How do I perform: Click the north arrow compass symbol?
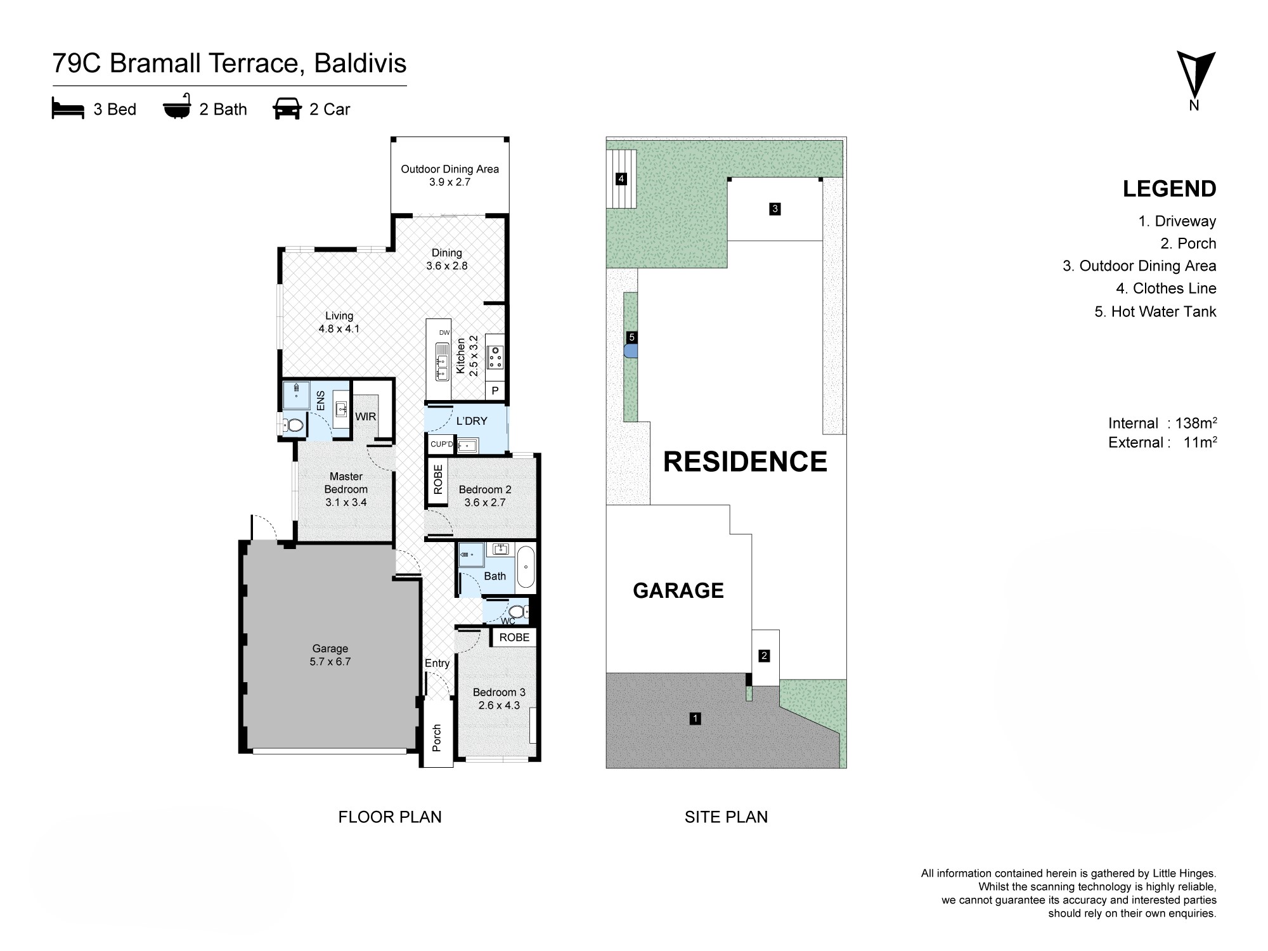coord(1196,75)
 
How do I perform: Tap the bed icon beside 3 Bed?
coord(68,109)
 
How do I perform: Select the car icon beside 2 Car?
coord(287,109)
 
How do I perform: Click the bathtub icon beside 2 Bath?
coord(177,109)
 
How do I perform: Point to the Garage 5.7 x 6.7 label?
coord(330,655)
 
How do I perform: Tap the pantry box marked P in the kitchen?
coord(495,391)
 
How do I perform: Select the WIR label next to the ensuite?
coord(366,417)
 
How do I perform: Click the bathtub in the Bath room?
coord(526,567)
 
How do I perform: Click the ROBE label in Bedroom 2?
coord(438,480)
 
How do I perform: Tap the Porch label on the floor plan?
coord(437,738)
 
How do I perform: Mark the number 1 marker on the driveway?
coord(695,718)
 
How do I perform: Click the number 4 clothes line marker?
coord(621,179)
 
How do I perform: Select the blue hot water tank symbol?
coord(630,352)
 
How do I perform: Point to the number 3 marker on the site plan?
coord(775,209)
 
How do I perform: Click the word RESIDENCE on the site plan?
coord(745,462)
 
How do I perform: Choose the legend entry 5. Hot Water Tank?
coord(1155,311)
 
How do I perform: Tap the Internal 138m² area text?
coord(1163,423)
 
